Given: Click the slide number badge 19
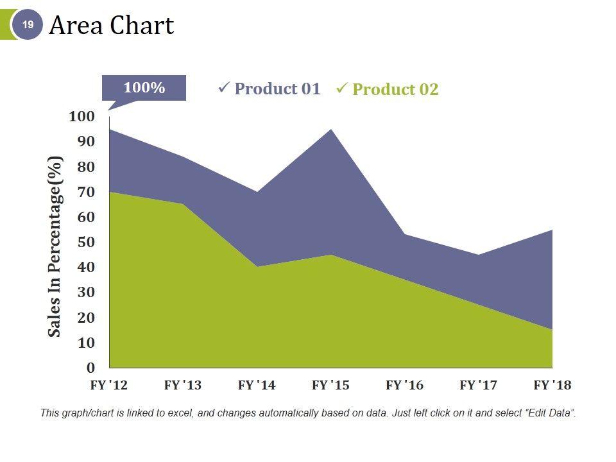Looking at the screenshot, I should pyautogui.click(x=28, y=25).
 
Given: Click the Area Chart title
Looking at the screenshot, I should pyautogui.click(x=111, y=26).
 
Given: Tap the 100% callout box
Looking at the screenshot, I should pyautogui.click(x=144, y=88).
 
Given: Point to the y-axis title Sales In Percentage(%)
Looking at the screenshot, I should pyautogui.click(x=56, y=246).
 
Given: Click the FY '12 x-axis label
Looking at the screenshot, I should pyautogui.click(x=108, y=386).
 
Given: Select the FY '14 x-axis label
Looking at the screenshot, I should pyautogui.click(x=257, y=386).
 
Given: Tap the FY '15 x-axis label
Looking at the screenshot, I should pyautogui.click(x=330, y=386).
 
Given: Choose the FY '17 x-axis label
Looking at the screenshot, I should pyautogui.click(x=478, y=386).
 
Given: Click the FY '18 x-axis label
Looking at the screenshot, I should pyautogui.click(x=552, y=386).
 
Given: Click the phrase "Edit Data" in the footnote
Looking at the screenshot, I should pyautogui.click(x=549, y=413).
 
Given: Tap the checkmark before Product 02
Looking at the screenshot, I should pyautogui.click(x=342, y=88).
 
